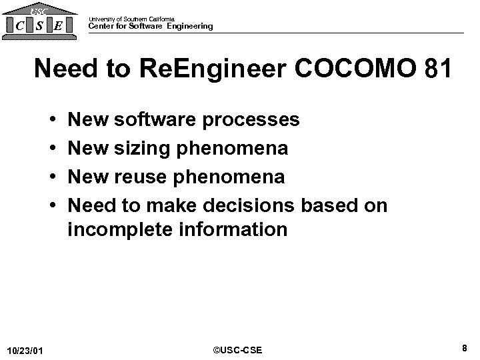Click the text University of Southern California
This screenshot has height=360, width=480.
[x=132, y=19]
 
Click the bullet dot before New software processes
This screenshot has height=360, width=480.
[x=51, y=121]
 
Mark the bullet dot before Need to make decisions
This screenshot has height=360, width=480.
[x=51, y=205]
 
